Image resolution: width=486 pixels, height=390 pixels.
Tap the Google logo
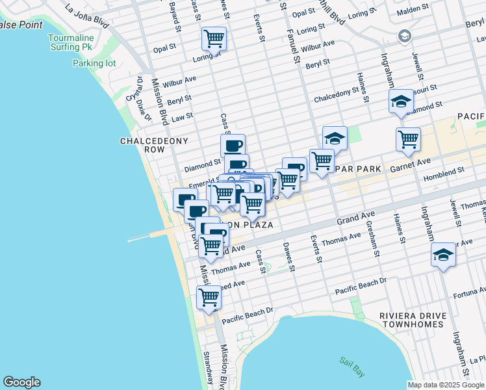tap(21, 382)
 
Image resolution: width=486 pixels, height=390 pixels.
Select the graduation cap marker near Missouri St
tap(402, 101)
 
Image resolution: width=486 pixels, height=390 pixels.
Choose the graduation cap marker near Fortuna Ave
tap(443, 255)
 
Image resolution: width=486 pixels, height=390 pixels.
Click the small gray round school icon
tap(405, 35)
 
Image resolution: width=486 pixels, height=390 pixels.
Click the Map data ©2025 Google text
tap(446, 385)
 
